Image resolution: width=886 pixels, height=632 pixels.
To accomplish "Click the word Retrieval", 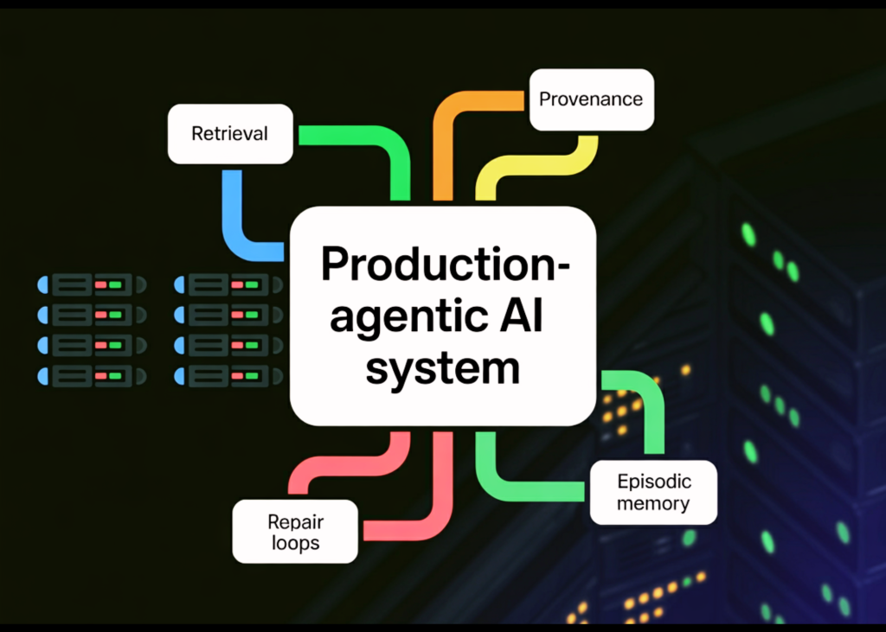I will point(229,134).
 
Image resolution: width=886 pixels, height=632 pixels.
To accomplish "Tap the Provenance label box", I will point(591,99).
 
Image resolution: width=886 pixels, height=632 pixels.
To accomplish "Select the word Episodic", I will point(653,482).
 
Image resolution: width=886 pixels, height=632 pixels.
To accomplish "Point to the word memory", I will point(653,503).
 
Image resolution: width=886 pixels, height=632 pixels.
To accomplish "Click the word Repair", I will point(295,522).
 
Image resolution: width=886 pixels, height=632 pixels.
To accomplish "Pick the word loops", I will point(295,544).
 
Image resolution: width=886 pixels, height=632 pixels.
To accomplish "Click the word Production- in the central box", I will point(445,264).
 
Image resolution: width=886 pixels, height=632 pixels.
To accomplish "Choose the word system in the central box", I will point(442,369).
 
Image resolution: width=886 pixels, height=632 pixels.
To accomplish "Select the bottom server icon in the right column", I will point(228,377).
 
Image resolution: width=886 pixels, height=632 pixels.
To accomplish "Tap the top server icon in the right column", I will point(228,284).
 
